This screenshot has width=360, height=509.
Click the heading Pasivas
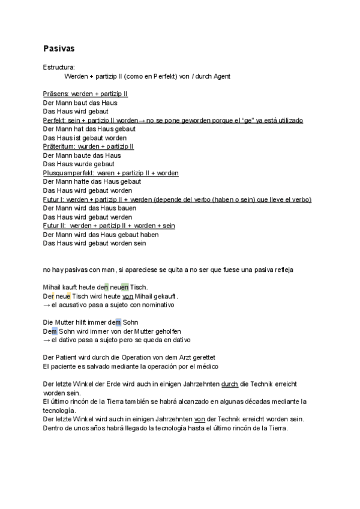pos(59,47)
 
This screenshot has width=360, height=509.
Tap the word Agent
pos(220,76)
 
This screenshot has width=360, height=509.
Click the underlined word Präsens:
pos(56,94)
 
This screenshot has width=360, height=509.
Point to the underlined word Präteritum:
pos(59,146)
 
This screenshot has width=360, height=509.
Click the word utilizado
pos(289,120)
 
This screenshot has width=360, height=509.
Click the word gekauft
pos(165,297)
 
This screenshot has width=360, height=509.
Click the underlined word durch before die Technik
pos(230,384)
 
